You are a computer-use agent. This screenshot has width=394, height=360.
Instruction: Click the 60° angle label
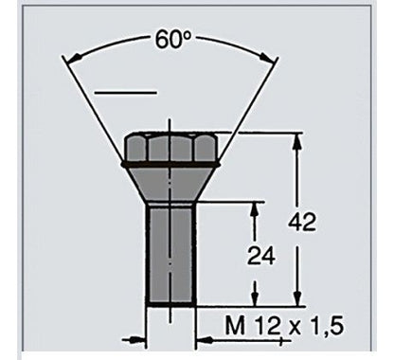point(173,40)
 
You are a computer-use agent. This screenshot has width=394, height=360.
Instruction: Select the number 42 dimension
point(302,222)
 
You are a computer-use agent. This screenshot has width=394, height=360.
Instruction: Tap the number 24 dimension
point(261,256)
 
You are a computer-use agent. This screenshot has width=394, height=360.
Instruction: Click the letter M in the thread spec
point(236,325)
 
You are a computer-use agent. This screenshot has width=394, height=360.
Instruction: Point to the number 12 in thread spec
point(268,325)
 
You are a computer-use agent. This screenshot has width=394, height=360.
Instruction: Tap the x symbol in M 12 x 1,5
point(295,328)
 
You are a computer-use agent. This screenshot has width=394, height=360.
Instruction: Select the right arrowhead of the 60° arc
point(267,57)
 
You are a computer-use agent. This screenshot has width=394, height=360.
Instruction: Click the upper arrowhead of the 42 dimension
point(296,143)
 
